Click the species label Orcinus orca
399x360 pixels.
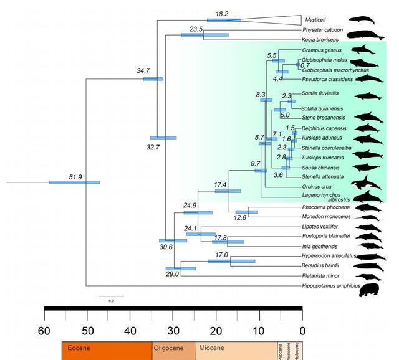click(315, 186)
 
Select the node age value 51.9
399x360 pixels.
click(76, 178)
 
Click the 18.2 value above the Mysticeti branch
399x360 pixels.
click(222, 14)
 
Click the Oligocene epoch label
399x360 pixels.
click(172, 346)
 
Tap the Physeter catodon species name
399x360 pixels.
click(324, 29)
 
